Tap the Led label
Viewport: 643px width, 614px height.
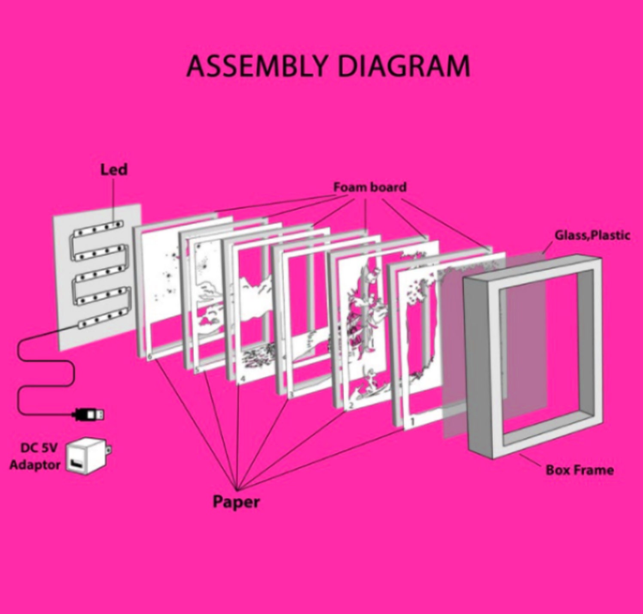pos(114,169)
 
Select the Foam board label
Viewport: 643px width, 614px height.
pos(370,187)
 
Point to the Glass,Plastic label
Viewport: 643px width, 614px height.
pos(592,235)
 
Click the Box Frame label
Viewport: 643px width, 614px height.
pos(579,470)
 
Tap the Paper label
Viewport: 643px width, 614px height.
pos(236,502)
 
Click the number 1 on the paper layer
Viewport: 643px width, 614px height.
pos(412,422)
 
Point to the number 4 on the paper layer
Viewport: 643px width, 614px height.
pos(243,379)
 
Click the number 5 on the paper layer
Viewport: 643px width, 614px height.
pos(197,369)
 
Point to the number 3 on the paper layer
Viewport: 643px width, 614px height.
pos(292,394)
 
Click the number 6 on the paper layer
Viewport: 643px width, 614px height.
pos(149,357)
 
